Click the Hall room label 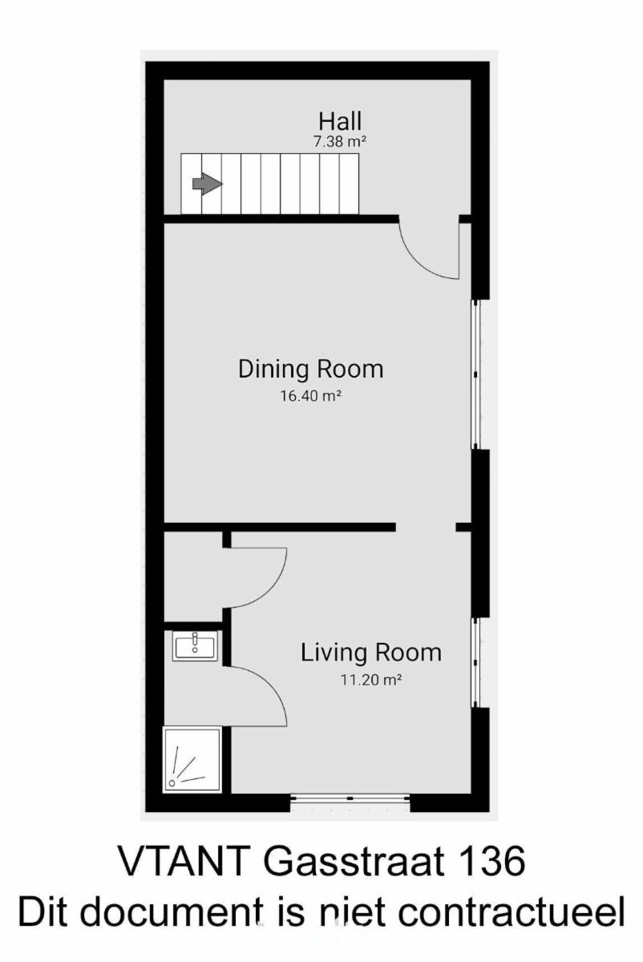pos(340,121)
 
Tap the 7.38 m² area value pos(340,141)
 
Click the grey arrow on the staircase pos(208,184)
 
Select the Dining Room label pos(310,369)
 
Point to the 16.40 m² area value pos(310,395)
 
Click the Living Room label pos(370,653)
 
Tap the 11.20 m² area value pos(371,680)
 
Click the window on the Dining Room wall pos(475,374)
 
